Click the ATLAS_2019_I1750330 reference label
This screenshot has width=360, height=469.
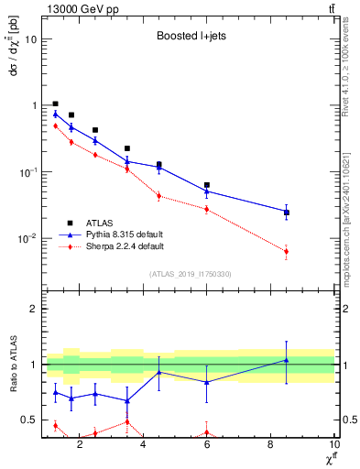[x=189, y=274]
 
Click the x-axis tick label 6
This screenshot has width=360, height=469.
[x=207, y=446]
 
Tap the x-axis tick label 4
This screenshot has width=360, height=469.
[x=143, y=446]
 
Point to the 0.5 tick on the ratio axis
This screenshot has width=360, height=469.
[x=29, y=420]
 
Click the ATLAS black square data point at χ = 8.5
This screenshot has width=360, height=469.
[x=287, y=213]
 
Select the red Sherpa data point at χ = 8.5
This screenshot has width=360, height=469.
[x=287, y=252]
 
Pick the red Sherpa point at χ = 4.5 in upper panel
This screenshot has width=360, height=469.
[x=159, y=195]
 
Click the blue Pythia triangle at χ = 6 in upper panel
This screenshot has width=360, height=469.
[x=207, y=191]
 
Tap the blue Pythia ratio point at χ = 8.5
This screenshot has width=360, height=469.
[x=287, y=360]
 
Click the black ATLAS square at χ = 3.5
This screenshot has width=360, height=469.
[x=127, y=147]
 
